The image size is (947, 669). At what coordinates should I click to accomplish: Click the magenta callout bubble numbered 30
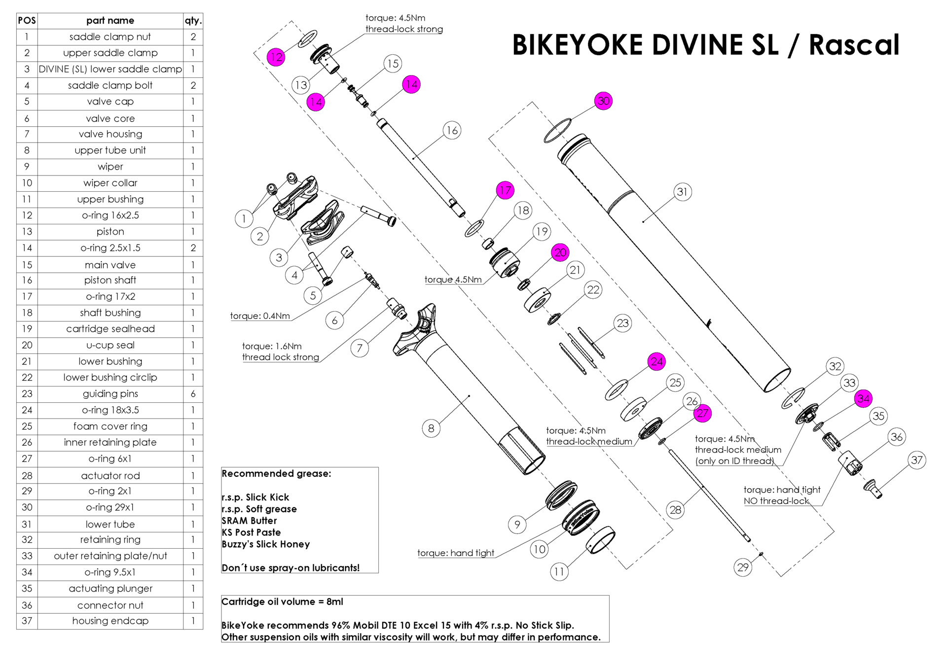[x=603, y=101]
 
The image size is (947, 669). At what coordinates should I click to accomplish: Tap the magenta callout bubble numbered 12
[x=276, y=57]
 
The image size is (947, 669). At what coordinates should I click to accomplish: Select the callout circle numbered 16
[x=452, y=131]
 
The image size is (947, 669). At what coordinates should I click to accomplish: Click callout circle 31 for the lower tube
[x=682, y=192]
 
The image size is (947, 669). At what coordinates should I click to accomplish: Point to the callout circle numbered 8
[x=431, y=428]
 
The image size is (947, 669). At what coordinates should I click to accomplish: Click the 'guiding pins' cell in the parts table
[x=110, y=394]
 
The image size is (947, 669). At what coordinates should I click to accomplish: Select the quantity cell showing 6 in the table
[x=193, y=394]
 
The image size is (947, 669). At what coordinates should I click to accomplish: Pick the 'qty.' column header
[x=193, y=21]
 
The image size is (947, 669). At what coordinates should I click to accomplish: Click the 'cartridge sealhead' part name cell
[x=110, y=329]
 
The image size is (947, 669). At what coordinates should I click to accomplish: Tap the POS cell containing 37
[x=27, y=621]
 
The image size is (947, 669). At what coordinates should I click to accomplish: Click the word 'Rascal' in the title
[x=854, y=45]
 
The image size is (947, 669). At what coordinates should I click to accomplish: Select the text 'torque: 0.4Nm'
[x=260, y=316]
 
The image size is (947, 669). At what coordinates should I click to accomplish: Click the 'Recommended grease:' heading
[x=276, y=474]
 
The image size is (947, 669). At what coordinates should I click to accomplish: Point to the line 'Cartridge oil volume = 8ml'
[x=282, y=602]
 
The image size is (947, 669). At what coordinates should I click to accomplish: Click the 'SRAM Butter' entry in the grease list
[x=249, y=521]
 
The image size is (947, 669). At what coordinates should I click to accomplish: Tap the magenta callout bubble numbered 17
[x=505, y=190]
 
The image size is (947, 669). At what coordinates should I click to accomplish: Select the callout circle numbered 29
[x=743, y=567]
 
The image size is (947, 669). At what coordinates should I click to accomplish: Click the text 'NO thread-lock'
[x=776, y=501]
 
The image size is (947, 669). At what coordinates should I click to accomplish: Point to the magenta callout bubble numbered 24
[x=656, y=361]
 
